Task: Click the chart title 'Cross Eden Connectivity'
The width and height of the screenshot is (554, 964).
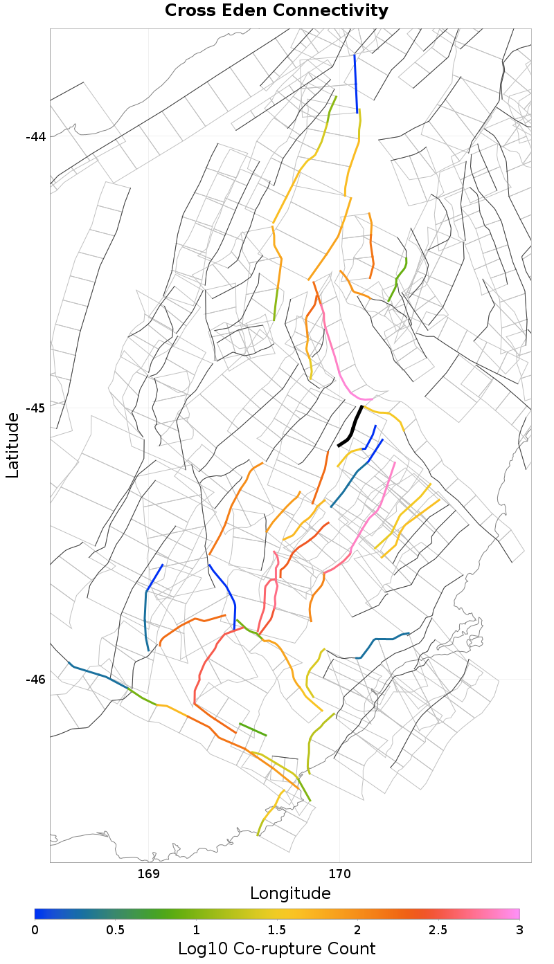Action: tap(276, 11)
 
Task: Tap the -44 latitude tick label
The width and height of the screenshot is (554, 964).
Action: tap(35, 136)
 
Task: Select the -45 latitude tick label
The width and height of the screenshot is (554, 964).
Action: tap(35, 408)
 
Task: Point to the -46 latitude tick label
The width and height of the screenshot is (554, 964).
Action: tap(35, 679)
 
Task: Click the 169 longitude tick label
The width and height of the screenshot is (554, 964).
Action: tap(149, 873)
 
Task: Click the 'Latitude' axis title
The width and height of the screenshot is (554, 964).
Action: tap(12, 445)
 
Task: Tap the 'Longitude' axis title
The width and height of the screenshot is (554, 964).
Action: tap(290, 893)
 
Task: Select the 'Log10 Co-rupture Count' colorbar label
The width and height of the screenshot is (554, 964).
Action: tap(276, 948)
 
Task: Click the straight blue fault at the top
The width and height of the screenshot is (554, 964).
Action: tap(356, 83)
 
